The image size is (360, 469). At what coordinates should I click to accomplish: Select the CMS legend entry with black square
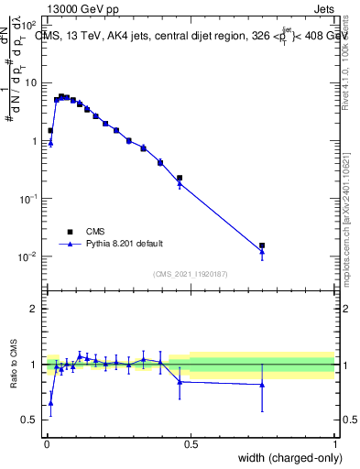95,231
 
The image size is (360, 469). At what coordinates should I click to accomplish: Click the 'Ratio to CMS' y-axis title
15,365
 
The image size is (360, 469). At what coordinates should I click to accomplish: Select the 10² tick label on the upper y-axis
28,26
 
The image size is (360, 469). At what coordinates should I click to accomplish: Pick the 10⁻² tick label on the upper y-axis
28,256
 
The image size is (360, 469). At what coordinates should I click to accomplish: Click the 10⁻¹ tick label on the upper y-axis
28,199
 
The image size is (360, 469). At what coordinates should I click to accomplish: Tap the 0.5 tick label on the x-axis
191,444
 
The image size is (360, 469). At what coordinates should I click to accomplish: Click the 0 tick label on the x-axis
47,444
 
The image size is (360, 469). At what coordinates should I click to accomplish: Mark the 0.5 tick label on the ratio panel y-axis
31,420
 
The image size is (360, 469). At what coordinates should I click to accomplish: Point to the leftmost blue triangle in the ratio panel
50,403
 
